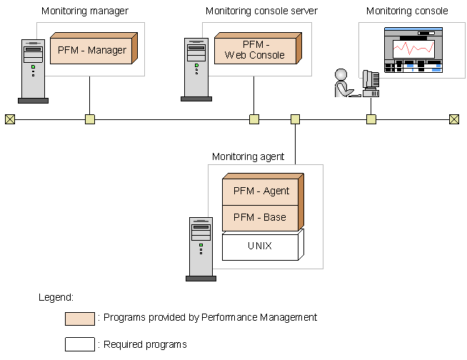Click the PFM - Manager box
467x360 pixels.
coord(92,51)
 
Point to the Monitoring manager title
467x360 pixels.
coord(85,11)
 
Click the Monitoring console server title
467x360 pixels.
coord(261,11)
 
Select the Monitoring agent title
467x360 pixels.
coord(248,156)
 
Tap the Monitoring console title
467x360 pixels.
coord(407,11)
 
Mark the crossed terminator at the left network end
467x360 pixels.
coord(9,119)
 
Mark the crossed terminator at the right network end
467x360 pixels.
coord(453,119)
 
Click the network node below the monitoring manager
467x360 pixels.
coord(90,119)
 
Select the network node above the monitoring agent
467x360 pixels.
coord(295,119)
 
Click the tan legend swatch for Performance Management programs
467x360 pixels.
coord(79,318)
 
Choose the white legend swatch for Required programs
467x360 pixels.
coord(79,344)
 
